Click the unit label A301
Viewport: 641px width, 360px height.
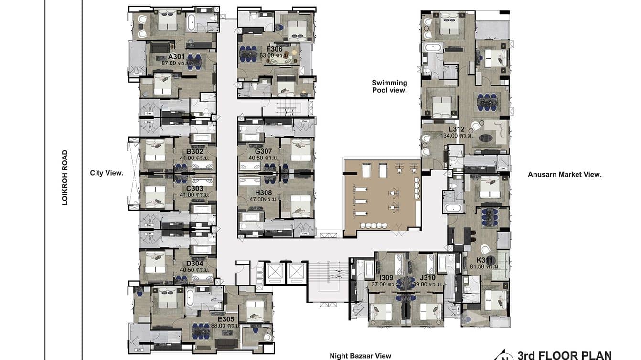click(x=176, y=56)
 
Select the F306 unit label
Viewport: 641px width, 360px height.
click(x=274, y=49)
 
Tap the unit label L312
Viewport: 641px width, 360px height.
click(x=457, y=129)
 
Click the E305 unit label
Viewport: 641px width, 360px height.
click(x=225, y=319)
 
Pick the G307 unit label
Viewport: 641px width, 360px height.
click(x=264, y=151)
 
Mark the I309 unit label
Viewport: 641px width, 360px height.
click(x=386, y=277)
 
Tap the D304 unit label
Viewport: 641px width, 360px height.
click(x=195, y=263)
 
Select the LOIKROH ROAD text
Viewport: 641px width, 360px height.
click(x=65, y=178)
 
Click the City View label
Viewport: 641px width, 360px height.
click(x=107, y=173)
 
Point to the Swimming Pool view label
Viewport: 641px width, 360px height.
click(x=389, y=86)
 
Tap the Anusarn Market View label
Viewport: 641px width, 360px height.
click(x=564, y=175)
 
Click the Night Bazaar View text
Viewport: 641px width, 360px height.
click(x=360, y=356)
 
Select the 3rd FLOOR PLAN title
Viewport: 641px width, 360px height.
click(x=564, y=355)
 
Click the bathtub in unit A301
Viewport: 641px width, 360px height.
click(x=191, y=22)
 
